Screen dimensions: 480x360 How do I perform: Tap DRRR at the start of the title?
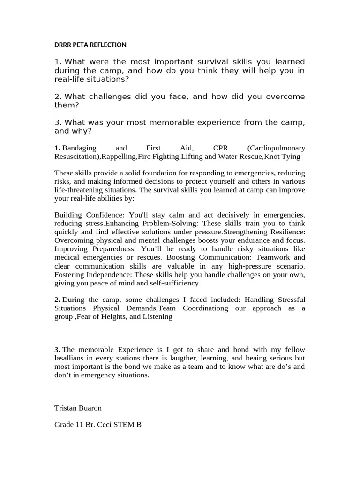(x=62, y=45)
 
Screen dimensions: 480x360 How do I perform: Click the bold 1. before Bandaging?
(x=57, y=148)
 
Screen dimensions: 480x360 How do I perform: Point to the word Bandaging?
(x=78, y=148)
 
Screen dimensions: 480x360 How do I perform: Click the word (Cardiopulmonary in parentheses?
(x=276, y=148)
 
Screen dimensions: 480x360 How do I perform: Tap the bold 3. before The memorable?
(x=57, y=350)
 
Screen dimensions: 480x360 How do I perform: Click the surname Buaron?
(x=91, y=408)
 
